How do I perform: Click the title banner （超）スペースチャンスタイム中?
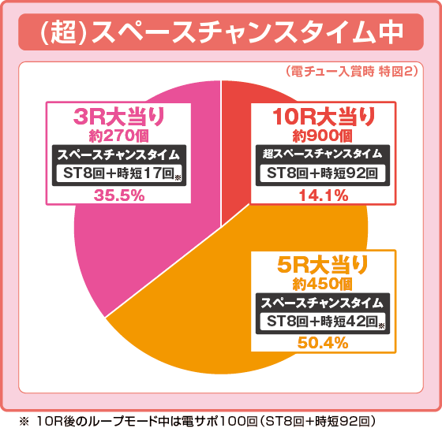(220, 34)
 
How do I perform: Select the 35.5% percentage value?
(118, 195)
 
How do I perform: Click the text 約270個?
(118, 136)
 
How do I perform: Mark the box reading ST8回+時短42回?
(324, 321)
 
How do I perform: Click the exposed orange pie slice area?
(197, 315)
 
